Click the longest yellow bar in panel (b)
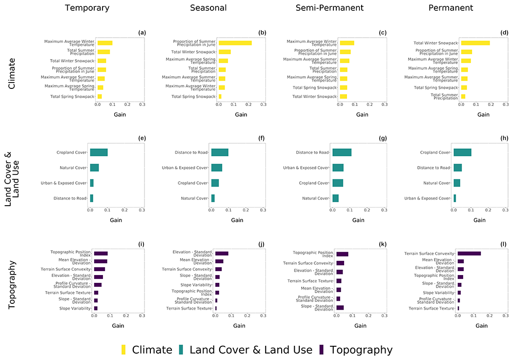[235, 43]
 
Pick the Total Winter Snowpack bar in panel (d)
[475, 43]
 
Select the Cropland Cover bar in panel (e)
[99, 152]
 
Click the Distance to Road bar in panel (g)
[342, 152]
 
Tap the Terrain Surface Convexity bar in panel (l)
[469, 254]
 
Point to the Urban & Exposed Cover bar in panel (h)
[455, 198]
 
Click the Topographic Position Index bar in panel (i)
[101, 254]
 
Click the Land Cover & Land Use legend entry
[250, 350]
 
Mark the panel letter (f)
[262, 138]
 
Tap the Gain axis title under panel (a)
[120, 114]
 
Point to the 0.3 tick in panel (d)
[506, 105]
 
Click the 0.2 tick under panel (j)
[247, 316]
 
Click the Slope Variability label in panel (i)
[75, 308]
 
